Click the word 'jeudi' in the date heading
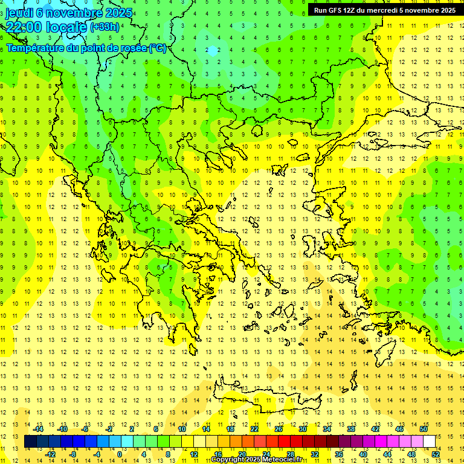tap(19, 13)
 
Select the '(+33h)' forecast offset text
tap(104, 27)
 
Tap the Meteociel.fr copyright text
tap(260, 460)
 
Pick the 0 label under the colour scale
tap(119, 454)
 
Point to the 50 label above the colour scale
tap(424, 429)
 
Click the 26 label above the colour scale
tap(279, 429)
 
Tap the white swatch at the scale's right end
tap(430, 442)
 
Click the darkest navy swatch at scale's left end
tap(30, 442)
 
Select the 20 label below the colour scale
tap(242, 454)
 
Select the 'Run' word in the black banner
tap(321, 10)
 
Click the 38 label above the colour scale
tap(351, 429)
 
